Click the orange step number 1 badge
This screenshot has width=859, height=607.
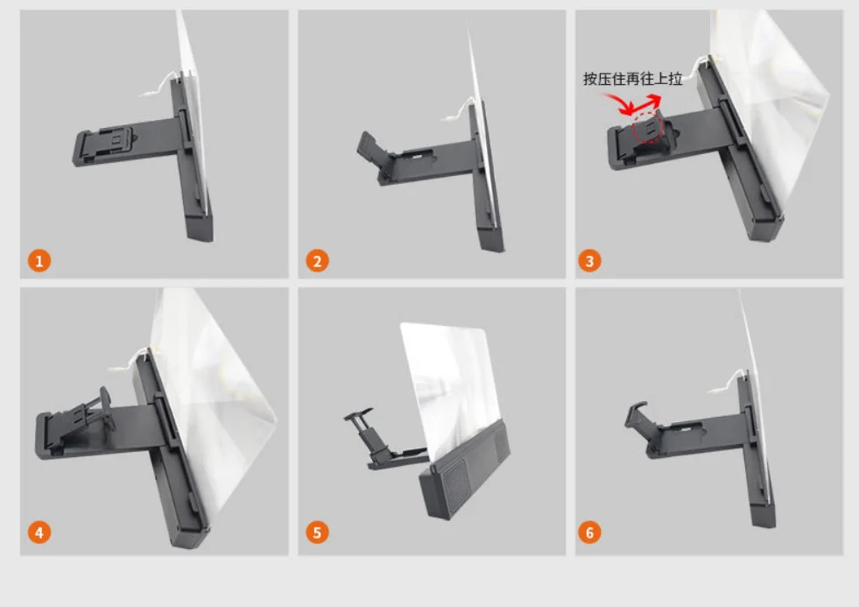[x=39, y=261]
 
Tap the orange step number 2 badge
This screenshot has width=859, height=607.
[x=317, y=261]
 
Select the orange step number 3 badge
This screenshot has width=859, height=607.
[x=589, y=261]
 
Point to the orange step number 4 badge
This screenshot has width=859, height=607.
[x=39, y=532]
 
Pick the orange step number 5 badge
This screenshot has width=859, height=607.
[x=317, y=532]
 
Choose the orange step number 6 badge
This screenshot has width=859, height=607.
[x=589, y=532]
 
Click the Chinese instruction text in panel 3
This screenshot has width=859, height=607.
[x=633, y=79]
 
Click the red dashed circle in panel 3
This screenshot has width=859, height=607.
[x=648, y=128]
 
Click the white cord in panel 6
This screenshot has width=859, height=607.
[x=727, y=383]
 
